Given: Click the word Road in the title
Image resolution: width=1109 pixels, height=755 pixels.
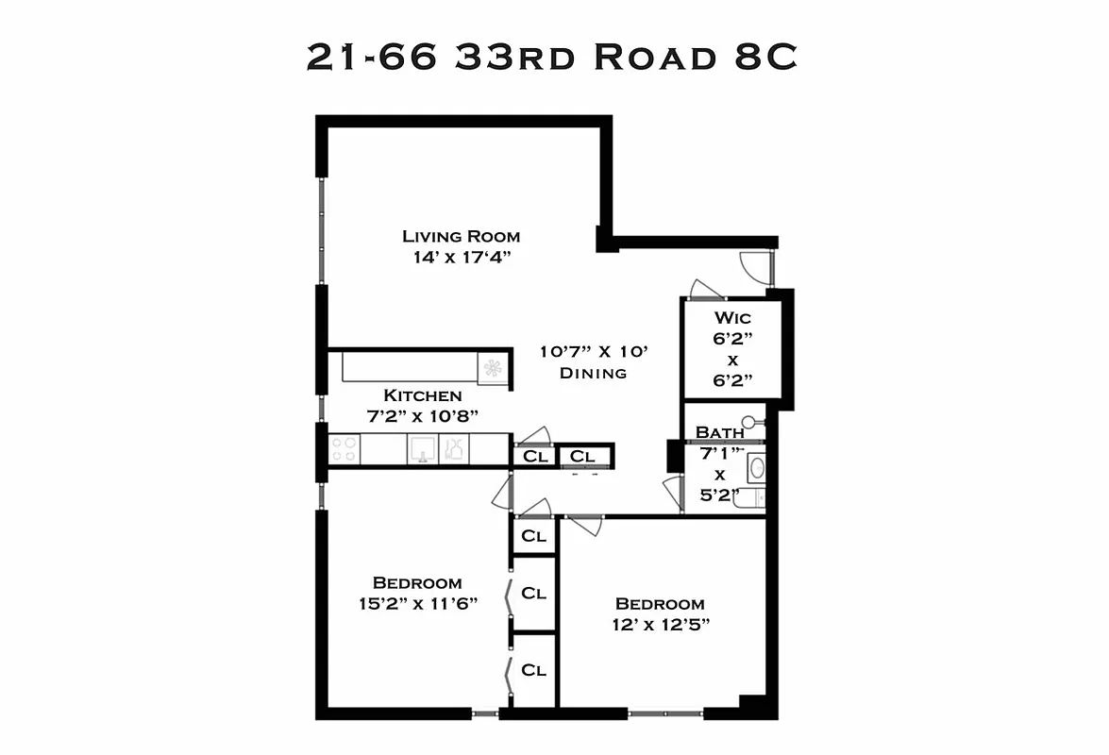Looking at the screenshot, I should click(x=651, y=58).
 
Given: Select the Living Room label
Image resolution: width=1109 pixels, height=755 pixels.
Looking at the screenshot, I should click(x=461, y=237).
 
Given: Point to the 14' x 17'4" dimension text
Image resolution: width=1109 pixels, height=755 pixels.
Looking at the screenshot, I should click(x=461, y=257).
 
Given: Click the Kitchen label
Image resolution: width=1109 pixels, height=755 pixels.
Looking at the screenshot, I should click(x=422, y=395).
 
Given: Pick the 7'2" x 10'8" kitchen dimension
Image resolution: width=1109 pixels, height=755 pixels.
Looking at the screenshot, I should click(x=422, y=415).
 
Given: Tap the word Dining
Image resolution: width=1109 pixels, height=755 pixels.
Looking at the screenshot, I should click(x=593, y=373).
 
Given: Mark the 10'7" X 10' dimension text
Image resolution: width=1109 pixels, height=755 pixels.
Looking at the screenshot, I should click(x=593, y=352).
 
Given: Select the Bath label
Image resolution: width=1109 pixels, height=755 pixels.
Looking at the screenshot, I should click(x=719, y=432).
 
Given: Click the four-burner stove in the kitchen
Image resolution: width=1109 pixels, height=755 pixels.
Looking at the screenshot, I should click(x=344, y=449).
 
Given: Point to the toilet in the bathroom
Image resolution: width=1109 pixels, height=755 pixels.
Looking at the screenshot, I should click(x=752, y=422).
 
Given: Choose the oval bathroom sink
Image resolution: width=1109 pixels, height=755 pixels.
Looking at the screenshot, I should click(x=756, y=467).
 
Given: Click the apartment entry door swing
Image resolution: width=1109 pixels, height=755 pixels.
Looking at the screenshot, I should click(x=756, y=266).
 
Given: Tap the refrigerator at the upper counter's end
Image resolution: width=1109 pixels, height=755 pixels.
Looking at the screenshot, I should click(x=493, y=367).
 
